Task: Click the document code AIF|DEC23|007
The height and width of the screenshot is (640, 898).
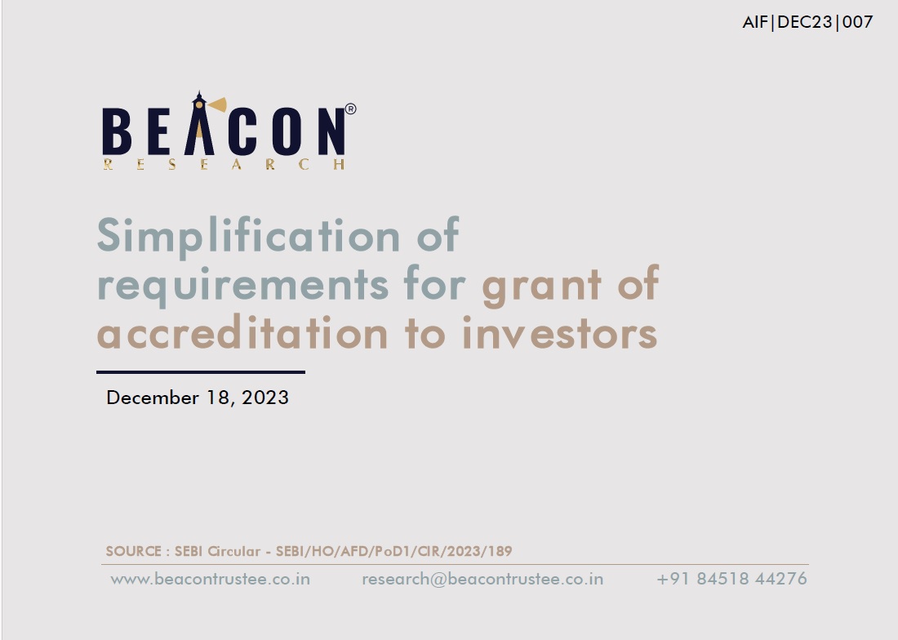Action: (807, 22)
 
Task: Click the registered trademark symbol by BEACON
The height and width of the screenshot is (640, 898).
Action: (350, 109)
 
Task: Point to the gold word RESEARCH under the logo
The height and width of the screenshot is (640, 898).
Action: (224, 165)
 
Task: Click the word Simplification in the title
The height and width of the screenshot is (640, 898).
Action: (249, 236)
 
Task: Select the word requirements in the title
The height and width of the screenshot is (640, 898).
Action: (242, 285)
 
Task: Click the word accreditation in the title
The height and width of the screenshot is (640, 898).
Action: (242, 333)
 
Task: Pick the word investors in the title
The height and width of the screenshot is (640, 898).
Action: (559, 333)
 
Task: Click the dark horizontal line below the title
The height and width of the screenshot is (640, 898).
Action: (201, 372)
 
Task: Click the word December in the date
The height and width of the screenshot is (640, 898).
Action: (153, 398)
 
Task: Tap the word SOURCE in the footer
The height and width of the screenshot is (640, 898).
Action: (133, 551)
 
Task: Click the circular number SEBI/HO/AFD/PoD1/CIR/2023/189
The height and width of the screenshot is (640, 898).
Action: (394, 551)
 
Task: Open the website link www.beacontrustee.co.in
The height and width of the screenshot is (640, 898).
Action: (210, 579)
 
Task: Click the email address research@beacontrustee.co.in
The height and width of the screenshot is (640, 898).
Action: (482, 579)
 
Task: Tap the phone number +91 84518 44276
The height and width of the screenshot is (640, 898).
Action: (732, 579)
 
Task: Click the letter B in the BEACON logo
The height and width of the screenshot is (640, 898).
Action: (117, 131)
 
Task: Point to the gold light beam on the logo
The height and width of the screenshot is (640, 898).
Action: (217, 104)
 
